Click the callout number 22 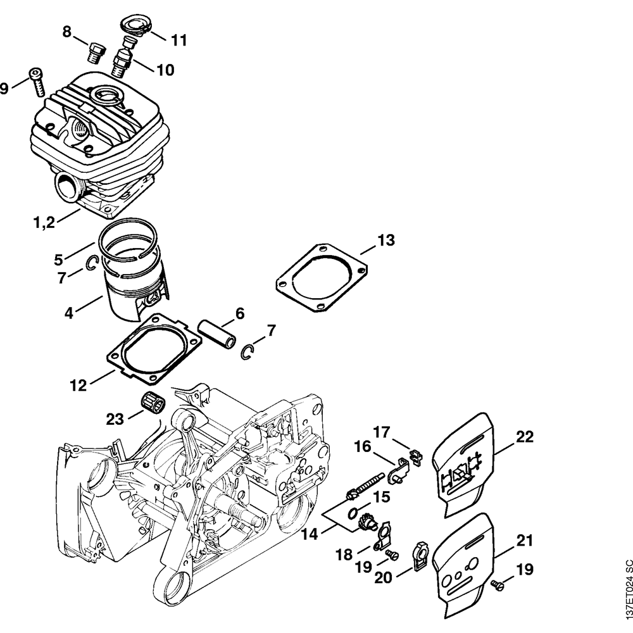pos(525,437)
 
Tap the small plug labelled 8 pos(96,50)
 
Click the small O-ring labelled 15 pos(355,512)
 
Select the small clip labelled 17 pos(415,455)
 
